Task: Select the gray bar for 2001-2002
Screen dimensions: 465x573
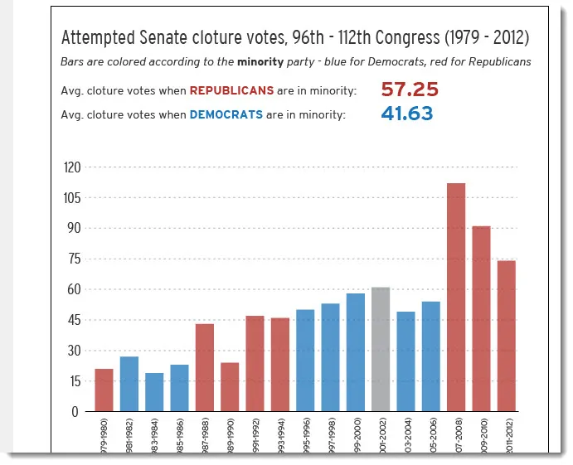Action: point(381,349)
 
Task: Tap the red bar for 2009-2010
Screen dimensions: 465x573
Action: point(481,318)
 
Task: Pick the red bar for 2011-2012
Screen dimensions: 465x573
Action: point(506,336)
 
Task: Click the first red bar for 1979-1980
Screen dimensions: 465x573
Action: point(104,390)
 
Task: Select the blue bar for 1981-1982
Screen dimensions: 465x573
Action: point(129,384)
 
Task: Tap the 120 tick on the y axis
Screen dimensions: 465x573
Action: point(72,167)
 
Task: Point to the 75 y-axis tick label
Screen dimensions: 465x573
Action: point(75,259)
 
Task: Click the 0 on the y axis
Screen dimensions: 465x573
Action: point(77,411)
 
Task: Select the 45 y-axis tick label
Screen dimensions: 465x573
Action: point(75,320)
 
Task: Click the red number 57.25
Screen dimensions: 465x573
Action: point(410,90)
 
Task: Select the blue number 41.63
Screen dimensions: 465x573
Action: point(406,114)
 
